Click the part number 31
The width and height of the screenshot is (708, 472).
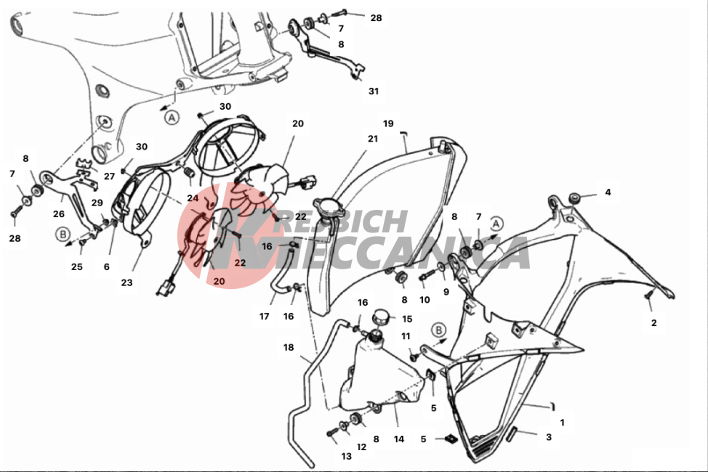(x=374, y=91)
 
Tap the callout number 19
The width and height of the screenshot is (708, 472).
(x=388, y=123)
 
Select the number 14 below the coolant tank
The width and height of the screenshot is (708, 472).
(x=398, y=439)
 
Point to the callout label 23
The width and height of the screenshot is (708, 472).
(x=127, y=283)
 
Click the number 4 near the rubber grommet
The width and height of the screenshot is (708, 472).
(x=608, y=192)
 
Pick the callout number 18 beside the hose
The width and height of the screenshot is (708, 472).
(x=289, y=347)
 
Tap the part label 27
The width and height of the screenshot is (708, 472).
(x=109, y=176)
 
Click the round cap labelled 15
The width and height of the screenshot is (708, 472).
(x=381, y=317)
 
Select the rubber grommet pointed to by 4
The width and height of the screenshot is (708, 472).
(x=574, y=198)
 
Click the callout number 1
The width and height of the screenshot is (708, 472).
(x=562, y=423)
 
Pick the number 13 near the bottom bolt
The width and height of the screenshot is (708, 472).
(x=346, y=456)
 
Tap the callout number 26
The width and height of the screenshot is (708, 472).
(x=59, y=214)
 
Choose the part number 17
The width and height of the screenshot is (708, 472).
(x=264, y=317)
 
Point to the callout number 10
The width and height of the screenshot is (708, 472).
(x=425, y=300)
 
